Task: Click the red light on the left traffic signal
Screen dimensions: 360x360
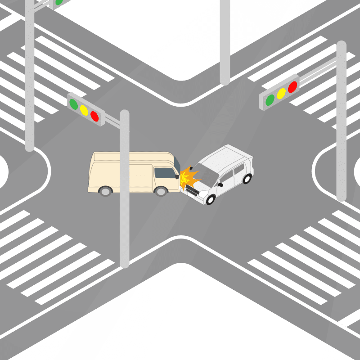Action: [94, 116]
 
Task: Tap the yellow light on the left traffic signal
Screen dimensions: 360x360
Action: [84, 109]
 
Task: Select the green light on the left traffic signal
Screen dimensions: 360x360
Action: [73, 103]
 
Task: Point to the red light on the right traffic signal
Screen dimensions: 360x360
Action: [292, 87]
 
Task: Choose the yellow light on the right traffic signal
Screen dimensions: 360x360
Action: [281, 93]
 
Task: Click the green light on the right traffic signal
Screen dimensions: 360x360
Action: [270, 99]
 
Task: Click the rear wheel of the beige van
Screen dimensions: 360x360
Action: [105, 191]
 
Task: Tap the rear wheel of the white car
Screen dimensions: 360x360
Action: [247, 179]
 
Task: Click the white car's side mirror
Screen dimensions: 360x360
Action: [220, 184]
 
